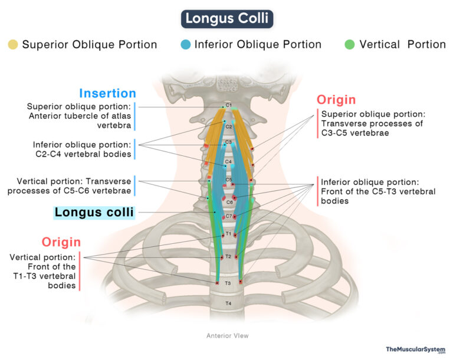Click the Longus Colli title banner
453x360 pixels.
[226, 18]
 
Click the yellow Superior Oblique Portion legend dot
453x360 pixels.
[13, 45]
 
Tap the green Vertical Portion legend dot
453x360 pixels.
[349, 45]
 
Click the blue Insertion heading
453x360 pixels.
[107, 93]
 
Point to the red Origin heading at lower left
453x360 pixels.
[61, 242]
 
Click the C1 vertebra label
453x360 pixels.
[229, 105]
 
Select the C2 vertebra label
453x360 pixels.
[229, 126]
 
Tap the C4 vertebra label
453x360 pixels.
[229, 161]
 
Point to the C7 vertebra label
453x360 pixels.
[229, 216]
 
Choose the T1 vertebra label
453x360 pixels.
[229, 235]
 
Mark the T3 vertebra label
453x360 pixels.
[229, 283]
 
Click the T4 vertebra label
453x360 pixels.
[229, 303]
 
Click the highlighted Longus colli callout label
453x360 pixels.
[94, 212]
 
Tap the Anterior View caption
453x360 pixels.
[227, 336]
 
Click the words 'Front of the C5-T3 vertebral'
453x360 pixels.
[377, 191]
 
